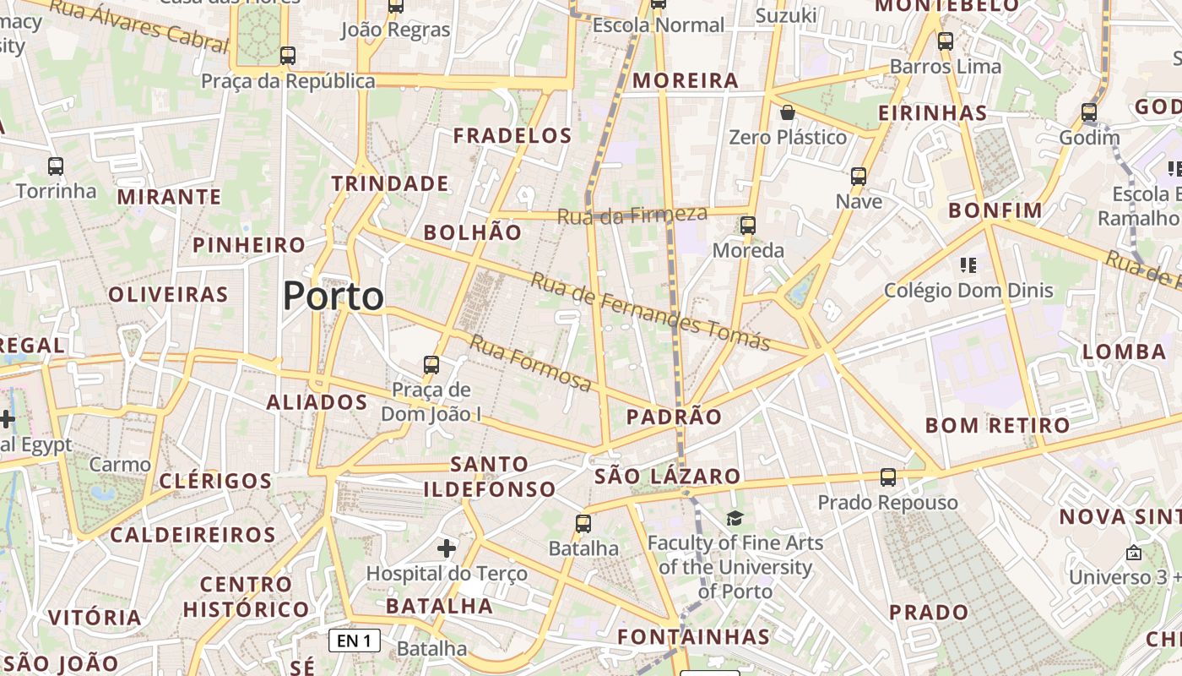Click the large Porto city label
pyautogui.click(x=333, y=297)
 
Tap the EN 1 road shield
pyautogui.click(x=355, y=641)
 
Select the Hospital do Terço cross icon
pyautogui.click(x=447, y=549)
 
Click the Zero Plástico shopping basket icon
pyautogui.click(x=788, y=112)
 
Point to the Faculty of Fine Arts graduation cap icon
pyautogui.click(x=735, y=518)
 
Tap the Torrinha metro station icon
pyautogui.click(x=56, y=166)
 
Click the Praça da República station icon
pyautogui.click(x=288, y=57)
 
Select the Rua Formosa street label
pyautogui.click(x=530, y=363)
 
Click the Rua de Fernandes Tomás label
pyautogui.click(x=650, y=311)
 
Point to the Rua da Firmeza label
pyautogui.click(x=632, y=215)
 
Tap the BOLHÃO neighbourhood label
pyautogui.click(x=473, y=232)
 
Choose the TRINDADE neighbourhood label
pyautogui.click(x=390, y=183)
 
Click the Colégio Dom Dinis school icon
pyautogui.click(x=968, y=265)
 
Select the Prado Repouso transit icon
pyautogui.click(x=888, y=477)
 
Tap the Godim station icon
pyautogui.click(x=1089, y=112)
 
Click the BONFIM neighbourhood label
pyautogui.click(x=995, y=210)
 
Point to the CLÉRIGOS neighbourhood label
pyautogui.click(x=215, y=482)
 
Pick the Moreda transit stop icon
pyautogui.click(x=748, y=226)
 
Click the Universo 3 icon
pyautogui.click(x=1134, y=553)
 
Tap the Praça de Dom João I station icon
pyautogui.click(x=431, y=365)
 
